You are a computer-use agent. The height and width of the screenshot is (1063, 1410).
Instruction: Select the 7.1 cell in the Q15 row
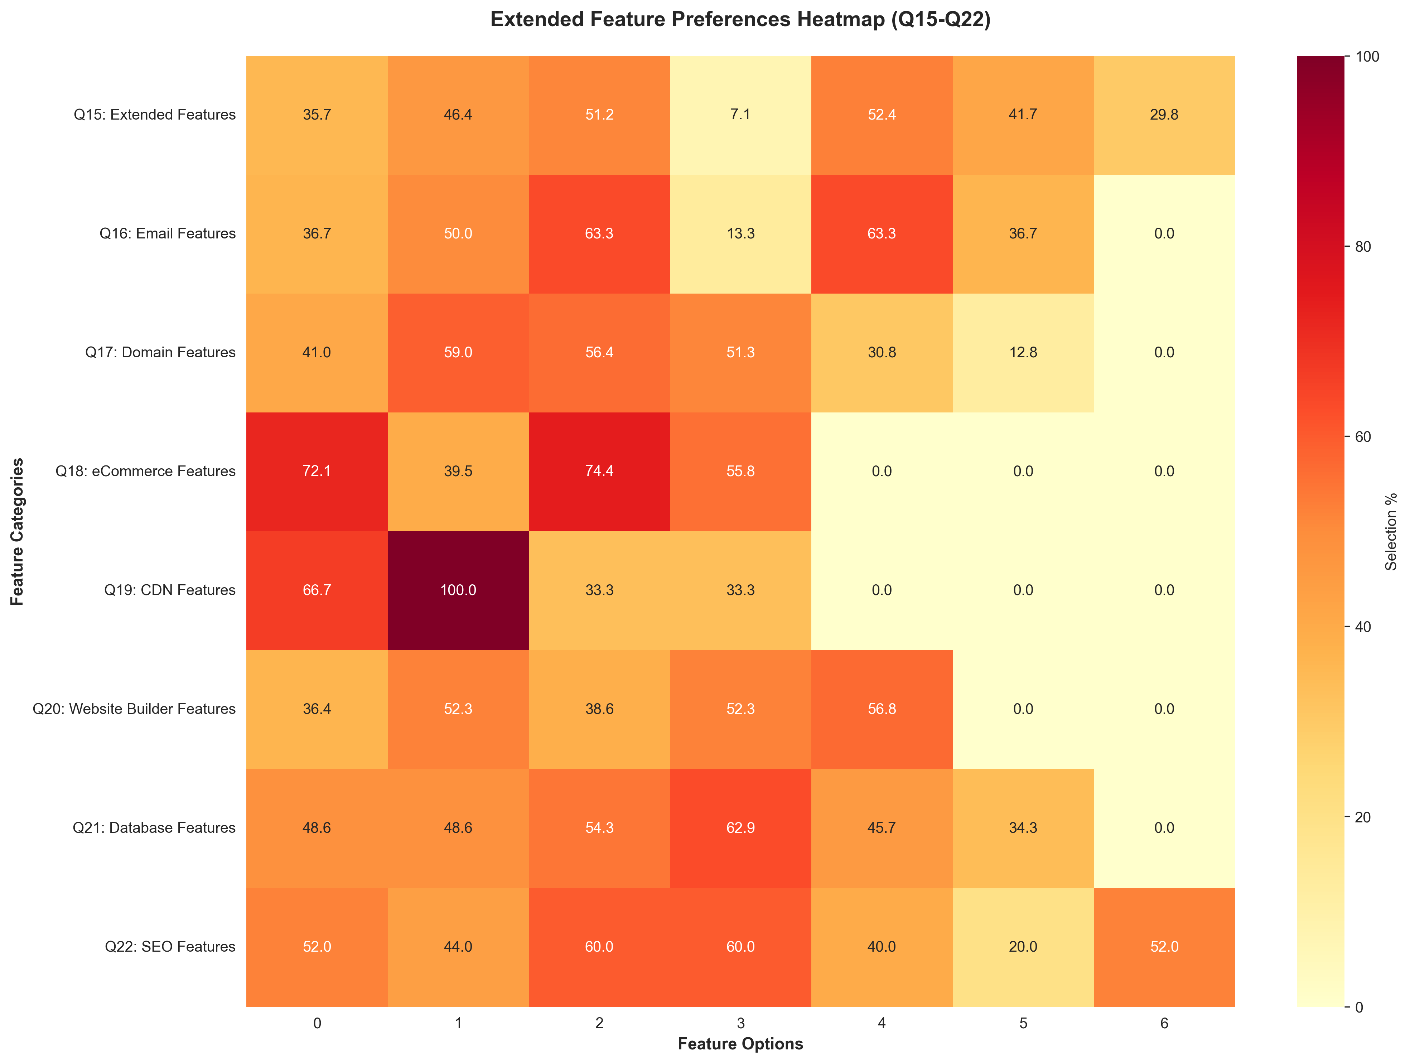[740, 115]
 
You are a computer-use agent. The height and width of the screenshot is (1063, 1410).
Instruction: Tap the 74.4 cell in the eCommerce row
[599, 471]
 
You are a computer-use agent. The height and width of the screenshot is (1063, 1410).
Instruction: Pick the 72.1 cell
[317, 471]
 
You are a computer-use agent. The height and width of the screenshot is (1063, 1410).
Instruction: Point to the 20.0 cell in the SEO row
[1023, 946]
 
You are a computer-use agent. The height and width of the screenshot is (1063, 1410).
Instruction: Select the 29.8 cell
[1164, 115]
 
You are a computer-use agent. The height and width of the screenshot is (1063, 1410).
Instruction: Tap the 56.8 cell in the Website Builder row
[882, 709]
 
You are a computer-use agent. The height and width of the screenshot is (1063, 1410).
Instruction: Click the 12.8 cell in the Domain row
[1023, 352]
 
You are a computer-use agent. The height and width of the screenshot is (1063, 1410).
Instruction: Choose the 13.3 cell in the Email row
[740, 233]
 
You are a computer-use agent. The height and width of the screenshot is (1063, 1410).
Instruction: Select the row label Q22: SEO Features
[170, 946]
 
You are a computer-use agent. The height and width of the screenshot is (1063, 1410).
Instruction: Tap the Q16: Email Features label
[167, 233]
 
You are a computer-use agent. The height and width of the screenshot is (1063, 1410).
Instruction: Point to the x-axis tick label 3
[740, 1024]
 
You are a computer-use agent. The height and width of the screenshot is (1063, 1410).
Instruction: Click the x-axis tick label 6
[1164, 1024]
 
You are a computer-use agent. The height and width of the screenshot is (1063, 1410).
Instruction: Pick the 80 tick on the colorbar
[1363, 247]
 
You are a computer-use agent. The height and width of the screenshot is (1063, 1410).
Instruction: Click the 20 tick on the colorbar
[1363, 817]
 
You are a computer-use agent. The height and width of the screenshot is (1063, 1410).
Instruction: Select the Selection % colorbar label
[1391, 531]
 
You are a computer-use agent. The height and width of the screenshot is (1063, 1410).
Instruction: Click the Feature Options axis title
[740, 1044]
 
